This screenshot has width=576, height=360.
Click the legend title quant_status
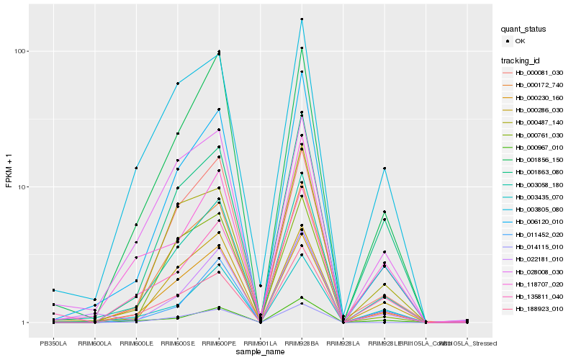[x=524, y=29]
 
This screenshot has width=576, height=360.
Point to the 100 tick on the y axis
[x=20, y=51]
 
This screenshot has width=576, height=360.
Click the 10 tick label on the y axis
[x=22, y=186]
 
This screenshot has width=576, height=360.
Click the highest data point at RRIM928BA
[x=302, y=19]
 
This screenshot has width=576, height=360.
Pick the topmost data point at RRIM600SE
[x=177, y=84]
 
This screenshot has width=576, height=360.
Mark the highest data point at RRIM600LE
[x=136, y=168]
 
